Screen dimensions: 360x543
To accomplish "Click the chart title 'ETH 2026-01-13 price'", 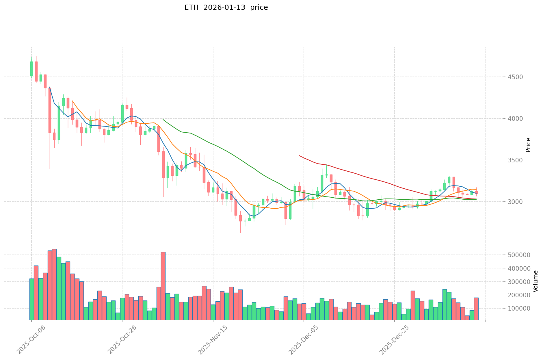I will coord(226,8).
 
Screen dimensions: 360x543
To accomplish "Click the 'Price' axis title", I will coord(528,145).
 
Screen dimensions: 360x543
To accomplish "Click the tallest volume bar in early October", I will coord(54,285).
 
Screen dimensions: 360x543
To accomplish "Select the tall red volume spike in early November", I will coord(163,286).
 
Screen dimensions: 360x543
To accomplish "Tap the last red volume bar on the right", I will coord(476,309).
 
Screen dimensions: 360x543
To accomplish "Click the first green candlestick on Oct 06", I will coord(31,69).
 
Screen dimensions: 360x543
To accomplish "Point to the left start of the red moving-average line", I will coord(300,155).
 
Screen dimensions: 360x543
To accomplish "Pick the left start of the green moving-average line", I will coord(163,119).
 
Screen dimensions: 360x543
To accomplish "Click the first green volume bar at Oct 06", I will coord(31,299).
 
